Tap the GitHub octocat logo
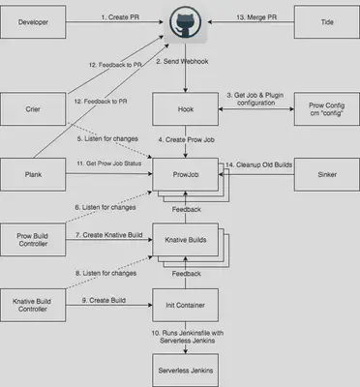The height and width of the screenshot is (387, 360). [180, 21]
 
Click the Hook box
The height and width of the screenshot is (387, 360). [180, 109]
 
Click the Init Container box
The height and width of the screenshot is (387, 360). [180, 305]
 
